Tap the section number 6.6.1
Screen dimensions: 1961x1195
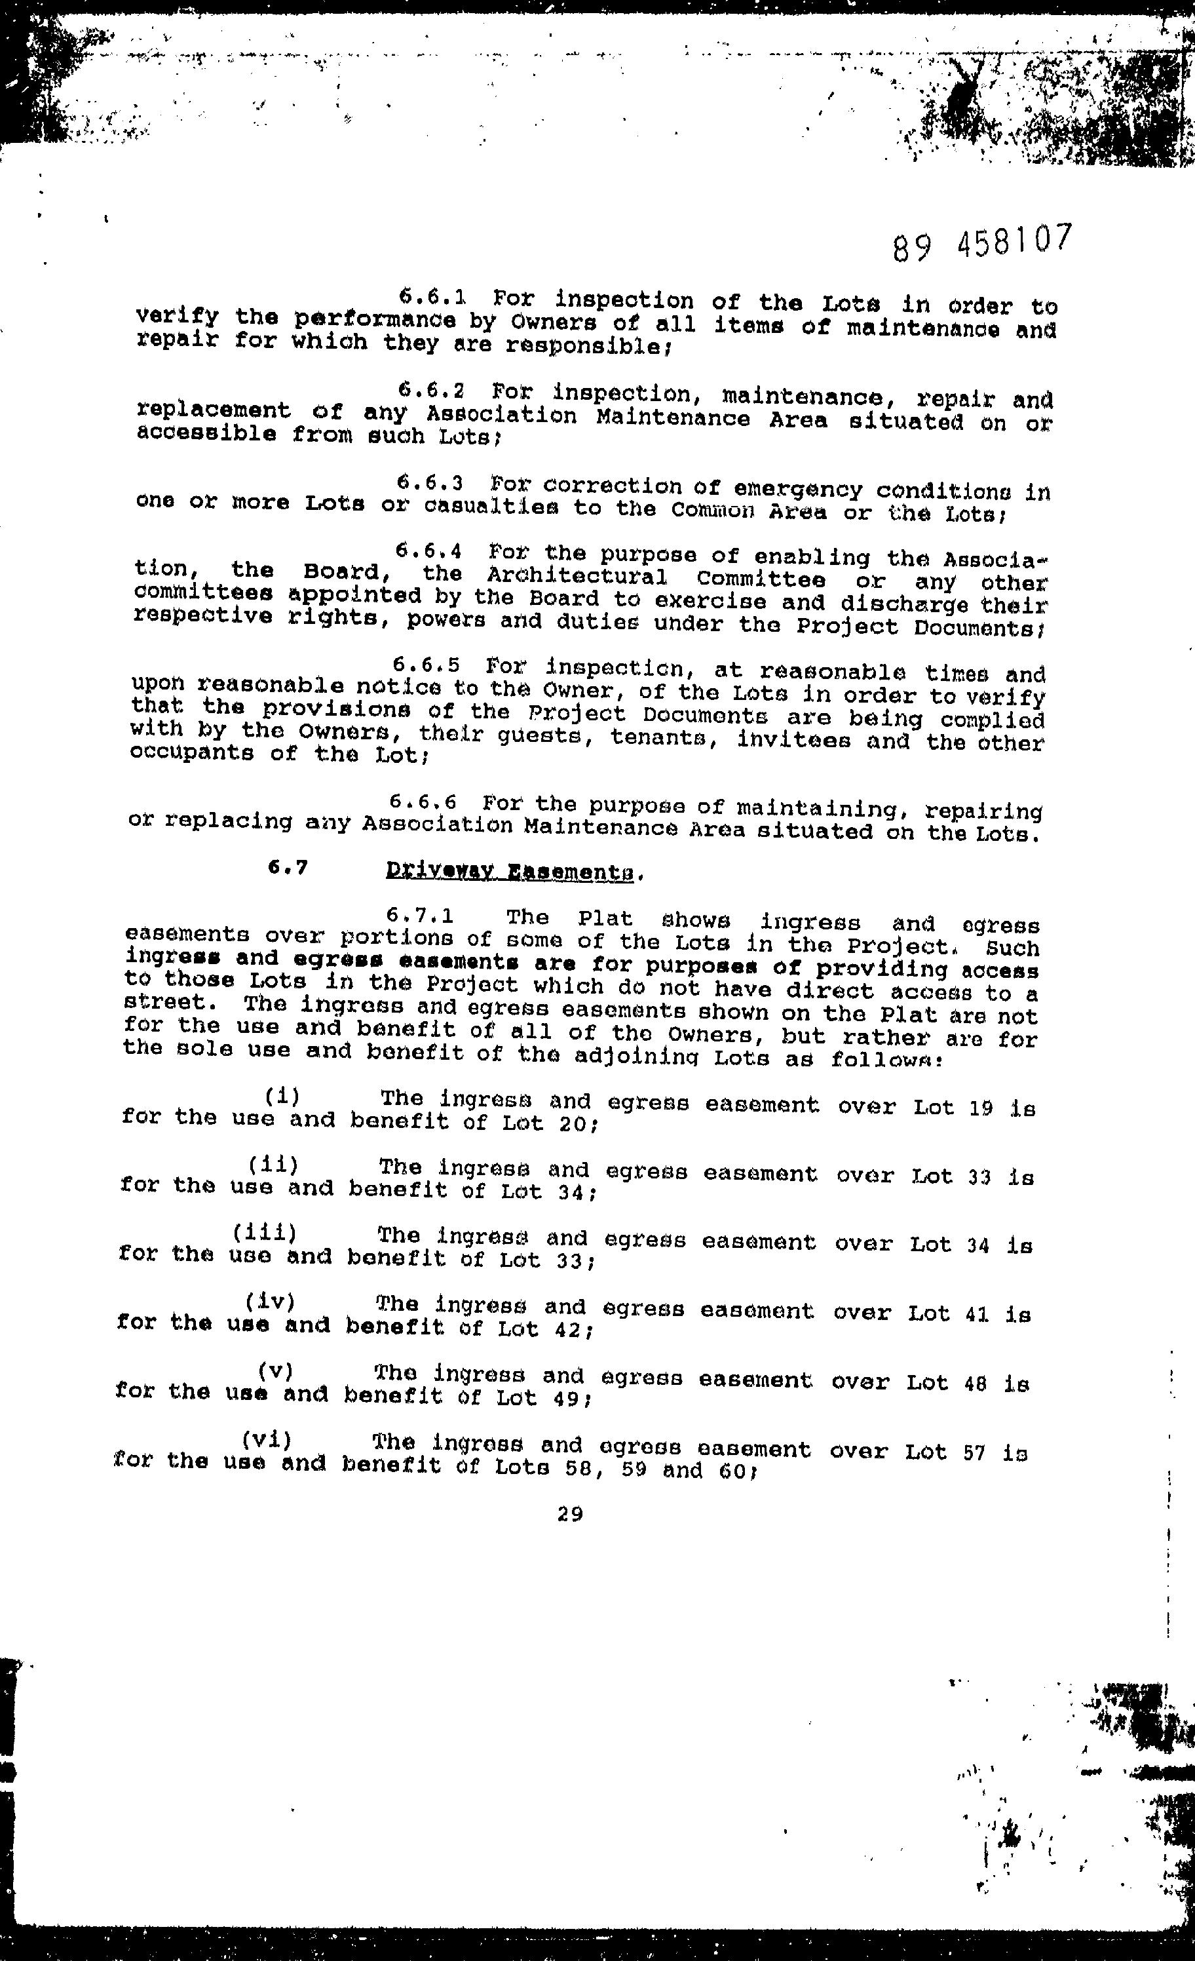[x=432, y=297]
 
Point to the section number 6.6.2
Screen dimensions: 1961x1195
[x=431, y=391]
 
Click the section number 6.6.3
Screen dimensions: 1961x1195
[x=430, y=483]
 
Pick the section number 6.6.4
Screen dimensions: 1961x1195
[x=429, y=551]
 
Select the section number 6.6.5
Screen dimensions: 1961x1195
[x=427, y=664]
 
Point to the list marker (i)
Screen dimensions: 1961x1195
[x=282, y=1097]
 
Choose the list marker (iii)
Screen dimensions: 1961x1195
[x=264, y=1233]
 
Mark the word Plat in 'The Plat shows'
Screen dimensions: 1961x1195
[x=605, y=919]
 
